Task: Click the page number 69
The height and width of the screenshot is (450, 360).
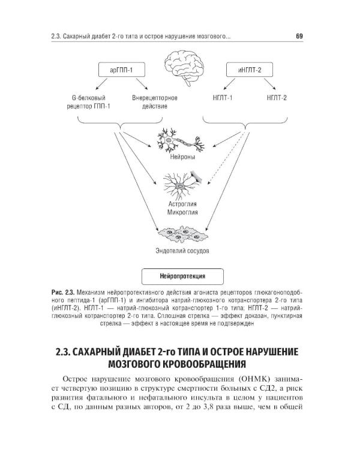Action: pyautogui.click(x=299, y=37)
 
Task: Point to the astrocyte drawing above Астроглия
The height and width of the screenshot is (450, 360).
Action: pyautogui.click(x=182, y=184)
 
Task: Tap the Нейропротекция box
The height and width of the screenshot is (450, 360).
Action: pyautogui.click(x=183, y=277)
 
